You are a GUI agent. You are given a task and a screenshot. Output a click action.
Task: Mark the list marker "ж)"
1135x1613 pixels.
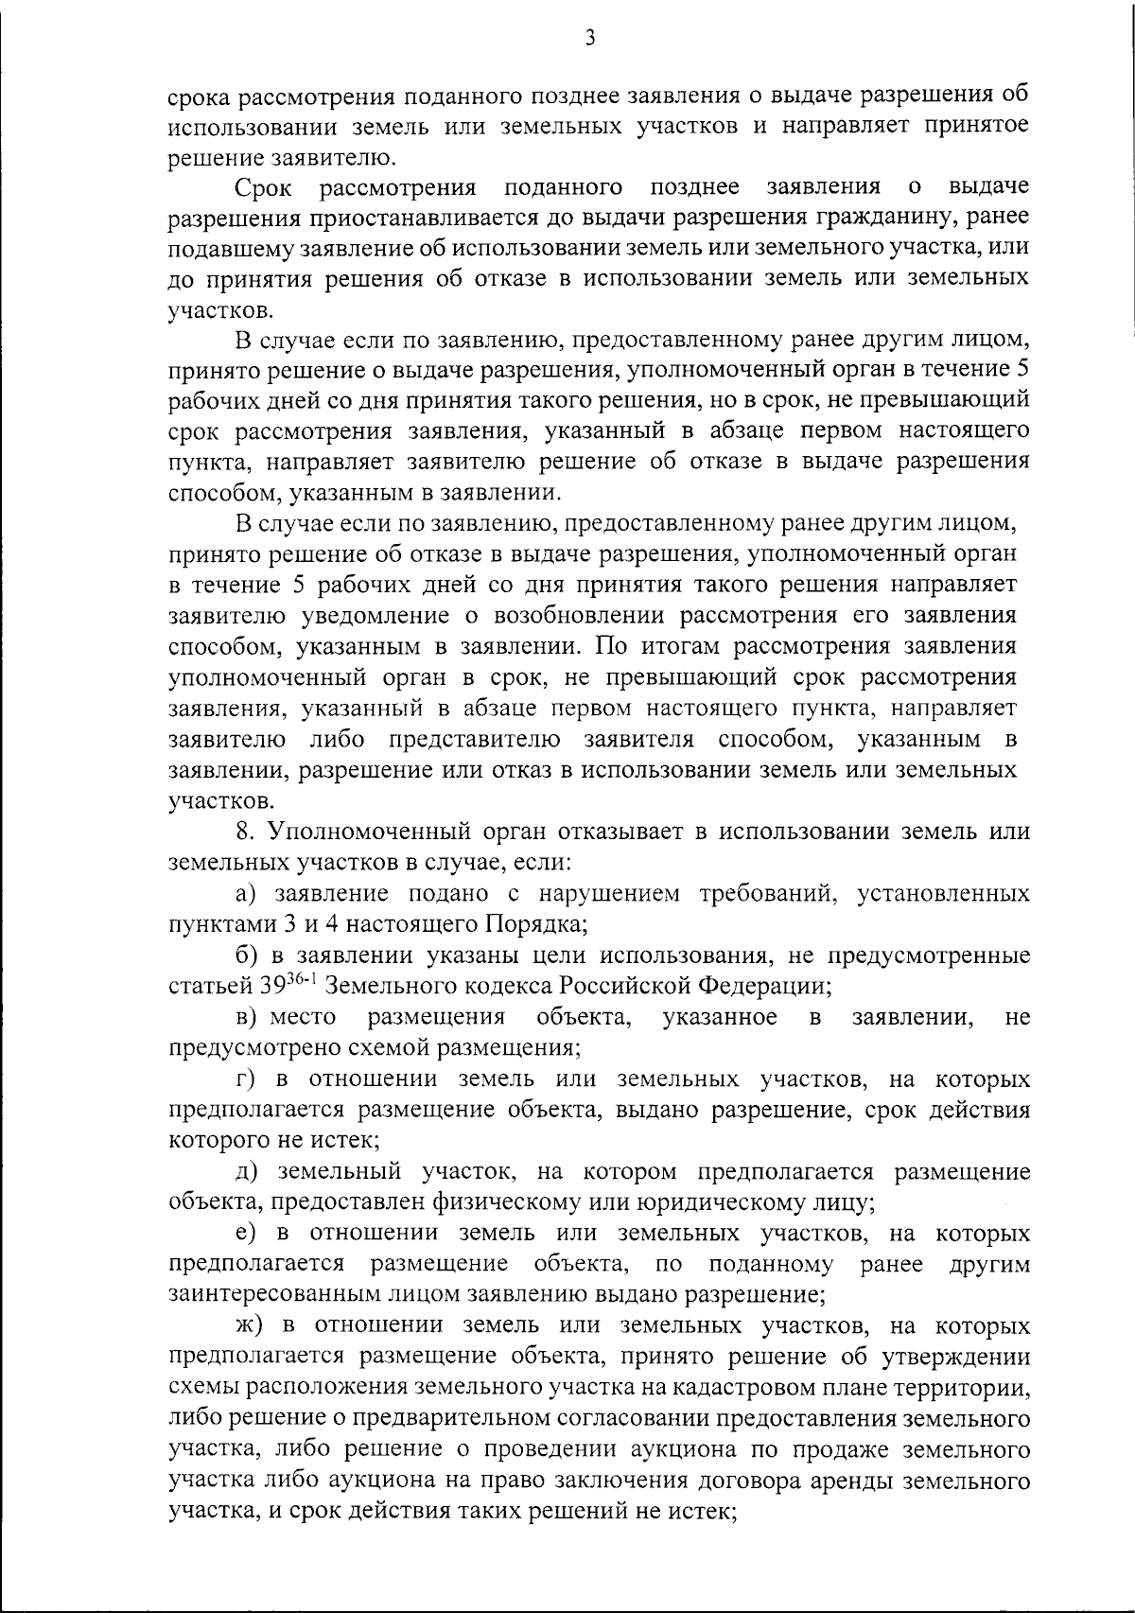[x=250, y=1326]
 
